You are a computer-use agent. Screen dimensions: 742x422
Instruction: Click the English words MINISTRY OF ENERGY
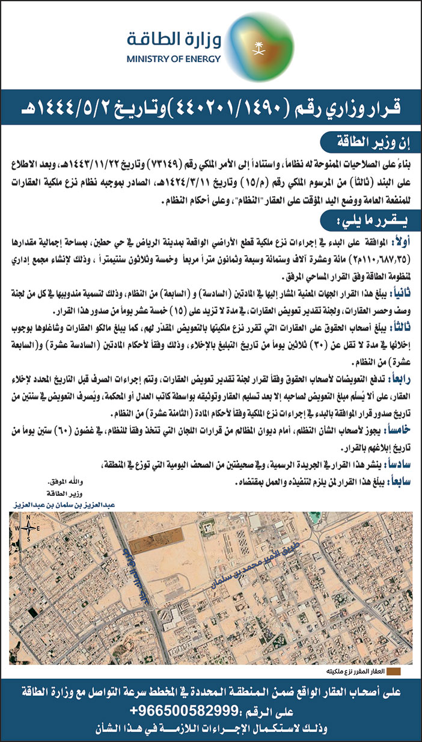(174, 60)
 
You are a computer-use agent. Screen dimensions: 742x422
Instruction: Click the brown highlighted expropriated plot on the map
(150, 544)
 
